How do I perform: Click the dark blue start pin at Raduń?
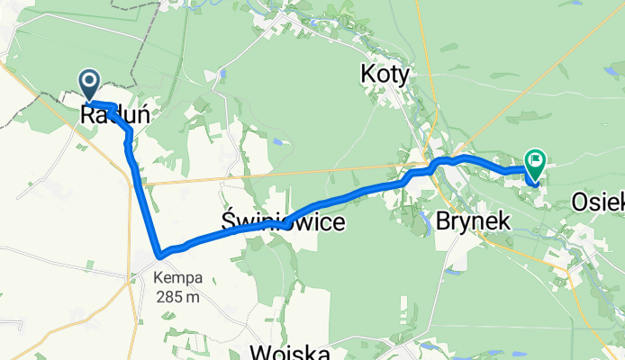click(x=91, y=84)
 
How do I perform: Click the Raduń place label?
click(x=114, y=115)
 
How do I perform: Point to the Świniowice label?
click(x=282, y=221)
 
